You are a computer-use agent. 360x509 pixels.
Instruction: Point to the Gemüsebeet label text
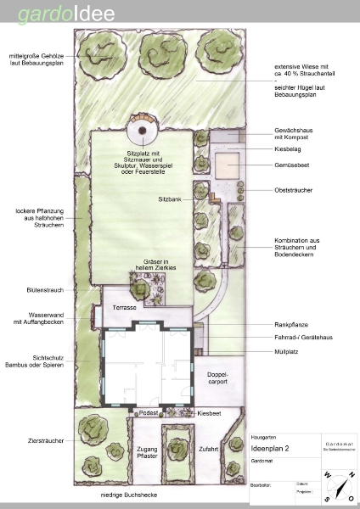click(291, 166)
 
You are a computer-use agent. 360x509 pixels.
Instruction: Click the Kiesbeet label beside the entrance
click(209, 412)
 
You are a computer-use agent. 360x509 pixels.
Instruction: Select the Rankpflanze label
click(290, 323)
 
